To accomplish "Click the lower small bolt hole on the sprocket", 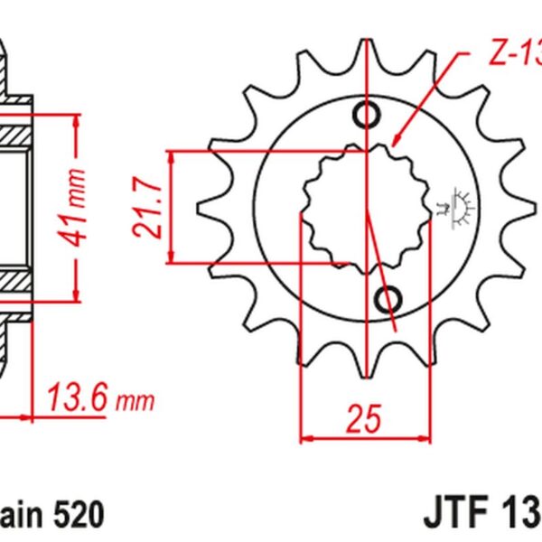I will tap(389, 297).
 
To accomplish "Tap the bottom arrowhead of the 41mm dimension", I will tap(78, 295).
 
